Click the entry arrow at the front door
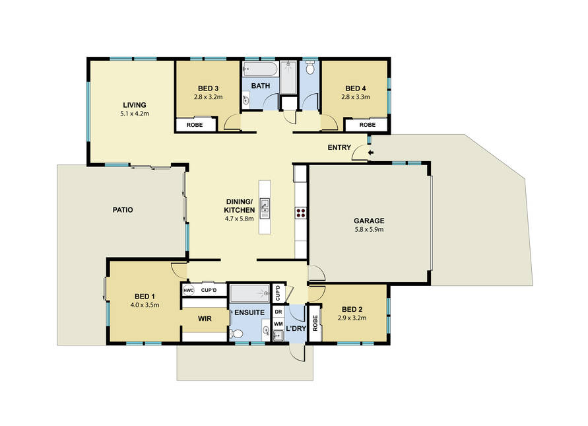pos(371,153)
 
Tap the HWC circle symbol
pos(188,290)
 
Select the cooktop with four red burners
pos(301,213)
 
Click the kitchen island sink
pos(265,207)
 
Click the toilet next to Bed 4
pos(310,68)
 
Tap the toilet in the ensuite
pos(237,333)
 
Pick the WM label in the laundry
pos(278,324)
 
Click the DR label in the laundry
pos(278,312)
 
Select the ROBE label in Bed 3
pos(195,125)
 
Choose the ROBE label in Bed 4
pos(368,125)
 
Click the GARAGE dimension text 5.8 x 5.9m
pos(369,229)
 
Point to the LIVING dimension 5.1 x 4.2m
pos(135,114)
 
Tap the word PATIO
pos(123,210)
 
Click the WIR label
pos(205,318)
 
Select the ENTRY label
pos(339,147)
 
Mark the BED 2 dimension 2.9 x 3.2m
pos(352,318)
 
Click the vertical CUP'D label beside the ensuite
pos(278,293)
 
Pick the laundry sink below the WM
pos(278,336)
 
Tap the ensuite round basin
pos(266,331)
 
